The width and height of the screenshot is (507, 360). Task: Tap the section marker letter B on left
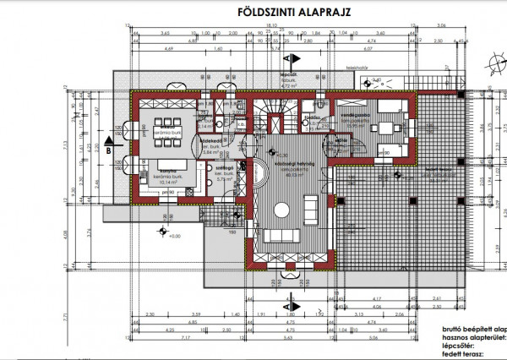[109, 150]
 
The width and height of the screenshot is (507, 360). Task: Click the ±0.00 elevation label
[175, 237]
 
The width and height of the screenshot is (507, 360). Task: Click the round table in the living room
[281, 208]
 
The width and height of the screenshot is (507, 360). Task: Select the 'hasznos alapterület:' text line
[466, 336]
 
